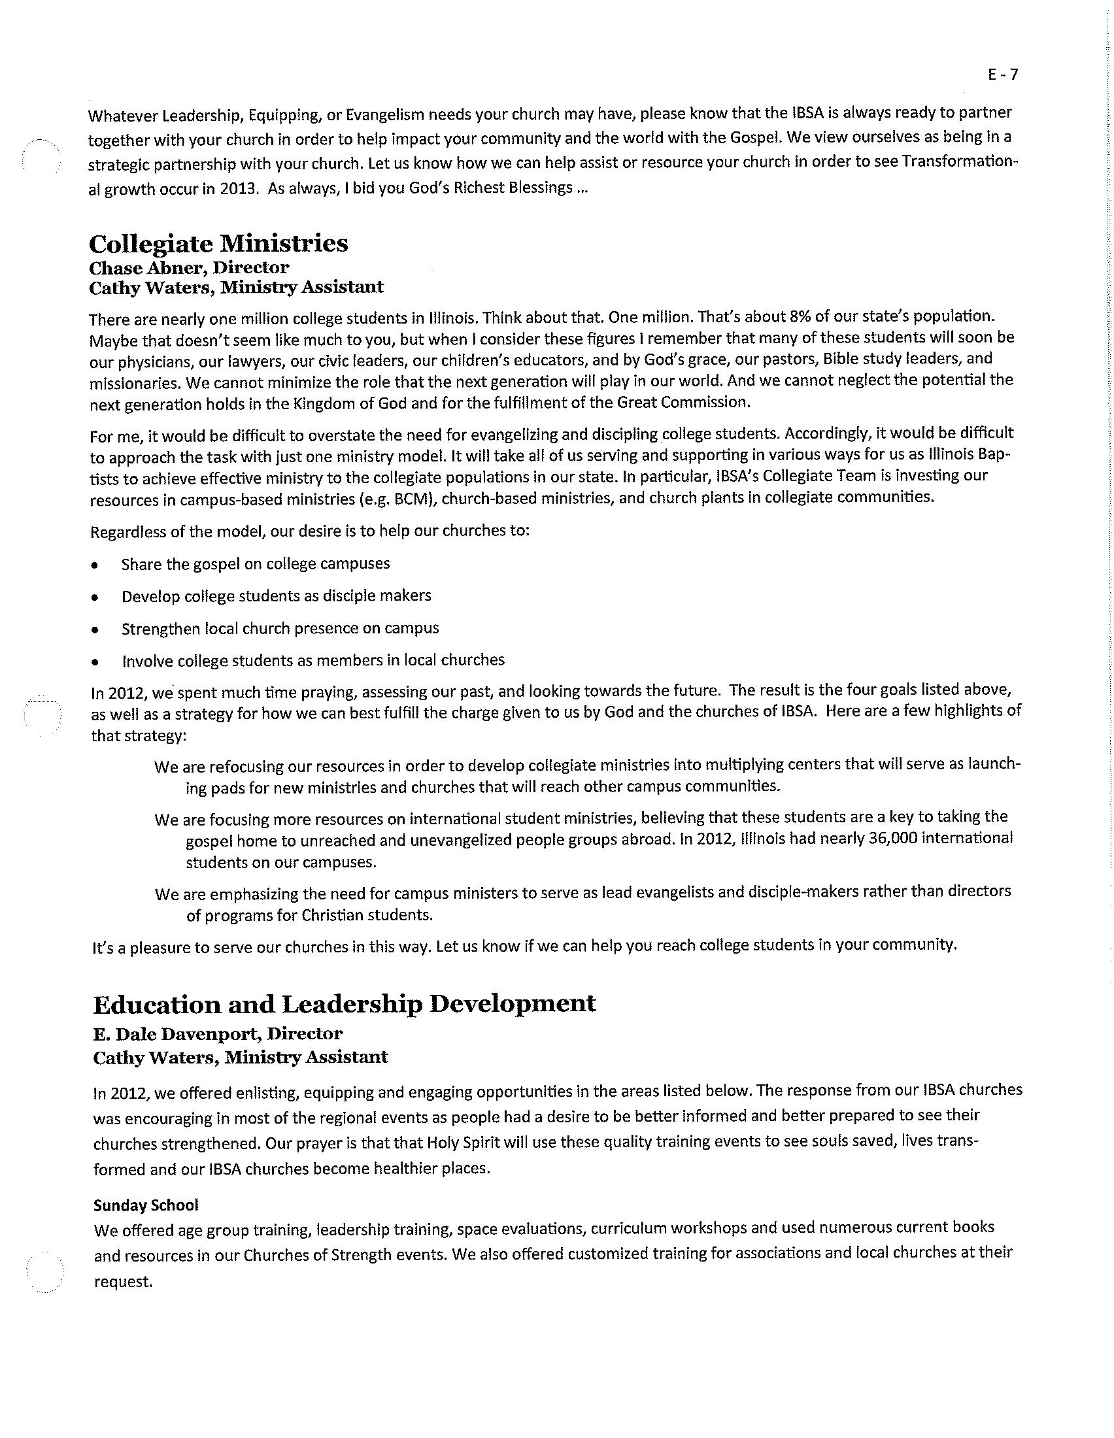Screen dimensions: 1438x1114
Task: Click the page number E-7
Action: click(x=1002, y=75)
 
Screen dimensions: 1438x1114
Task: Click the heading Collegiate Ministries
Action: click(x=218, y=244)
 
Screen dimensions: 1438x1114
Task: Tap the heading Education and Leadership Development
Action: click(x=344, y=1003)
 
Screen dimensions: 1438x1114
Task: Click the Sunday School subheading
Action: click(x=146, y=1205)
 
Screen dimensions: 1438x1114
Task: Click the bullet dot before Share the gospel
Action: click(x=96, y=565)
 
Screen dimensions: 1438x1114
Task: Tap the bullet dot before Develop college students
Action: click(x=96, y=597)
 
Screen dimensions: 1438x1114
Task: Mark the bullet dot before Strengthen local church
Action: click(x=96, y=629)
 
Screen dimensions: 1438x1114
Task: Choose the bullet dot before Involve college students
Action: click(x=96, y=661)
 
